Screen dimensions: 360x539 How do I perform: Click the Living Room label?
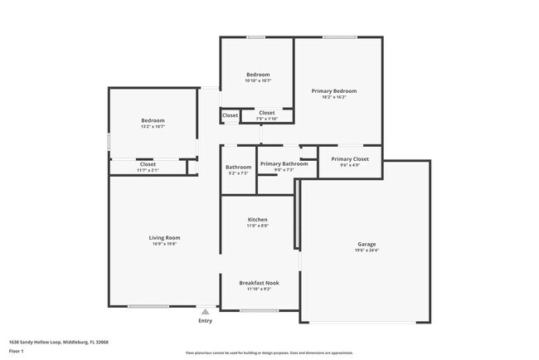pos(164,238)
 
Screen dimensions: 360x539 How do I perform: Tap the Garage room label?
pos(367,244)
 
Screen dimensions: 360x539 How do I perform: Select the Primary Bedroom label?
pos(334,90)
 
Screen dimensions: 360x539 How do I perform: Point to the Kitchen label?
pos(257,220)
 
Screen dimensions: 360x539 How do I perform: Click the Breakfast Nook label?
pos(259,283)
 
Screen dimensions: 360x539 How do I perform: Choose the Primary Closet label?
pos(350,158)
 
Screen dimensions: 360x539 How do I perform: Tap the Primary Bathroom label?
pos(284,164)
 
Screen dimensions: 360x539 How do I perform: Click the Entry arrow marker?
pos(205,311)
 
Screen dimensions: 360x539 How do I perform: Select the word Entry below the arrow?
pos(205,320)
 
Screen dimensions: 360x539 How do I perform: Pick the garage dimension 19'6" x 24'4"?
pos(367,251)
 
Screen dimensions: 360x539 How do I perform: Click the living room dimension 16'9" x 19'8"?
pos(164,245)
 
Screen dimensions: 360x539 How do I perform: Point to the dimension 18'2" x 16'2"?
pos(334,97)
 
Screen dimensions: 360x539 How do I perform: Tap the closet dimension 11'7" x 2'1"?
pos(148,170)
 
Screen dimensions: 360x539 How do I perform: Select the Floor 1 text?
pos(17,351)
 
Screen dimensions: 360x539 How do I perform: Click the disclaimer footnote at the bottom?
pos(269,353)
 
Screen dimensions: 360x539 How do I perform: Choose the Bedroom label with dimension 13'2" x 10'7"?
pos(153,121)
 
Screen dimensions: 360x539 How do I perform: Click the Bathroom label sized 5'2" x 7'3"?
pos(238,167)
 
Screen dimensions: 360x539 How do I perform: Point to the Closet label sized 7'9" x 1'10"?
pos(267,113)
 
